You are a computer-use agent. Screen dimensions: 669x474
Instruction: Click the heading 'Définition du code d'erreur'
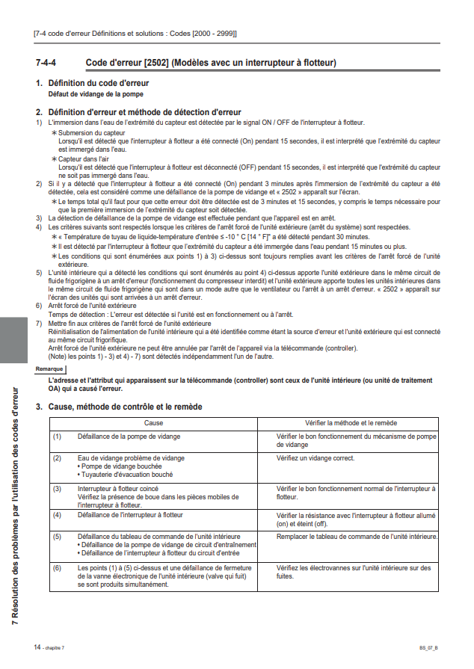point(98,83)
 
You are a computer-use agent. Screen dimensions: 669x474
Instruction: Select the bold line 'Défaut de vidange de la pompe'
point(95,94)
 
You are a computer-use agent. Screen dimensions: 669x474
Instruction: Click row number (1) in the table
point(57,435)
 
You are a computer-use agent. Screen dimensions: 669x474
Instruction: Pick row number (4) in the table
point(57,516)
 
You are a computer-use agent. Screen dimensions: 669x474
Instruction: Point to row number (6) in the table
point(57,568)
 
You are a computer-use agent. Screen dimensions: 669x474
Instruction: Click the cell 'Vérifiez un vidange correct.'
point(316,457)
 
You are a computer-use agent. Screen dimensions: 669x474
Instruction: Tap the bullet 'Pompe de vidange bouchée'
point(118,466)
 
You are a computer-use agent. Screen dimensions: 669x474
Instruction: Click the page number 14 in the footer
point(37,645)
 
